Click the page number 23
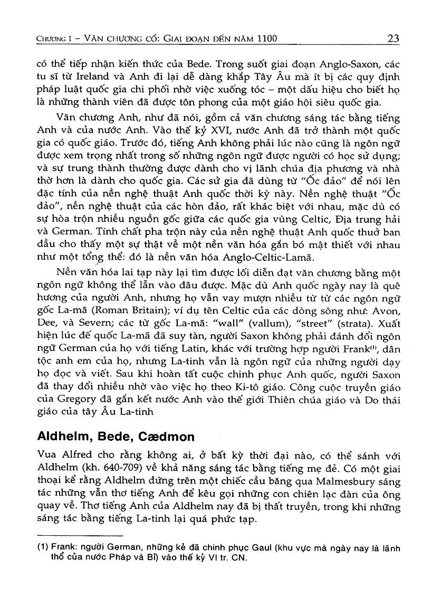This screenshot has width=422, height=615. (393, 38)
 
